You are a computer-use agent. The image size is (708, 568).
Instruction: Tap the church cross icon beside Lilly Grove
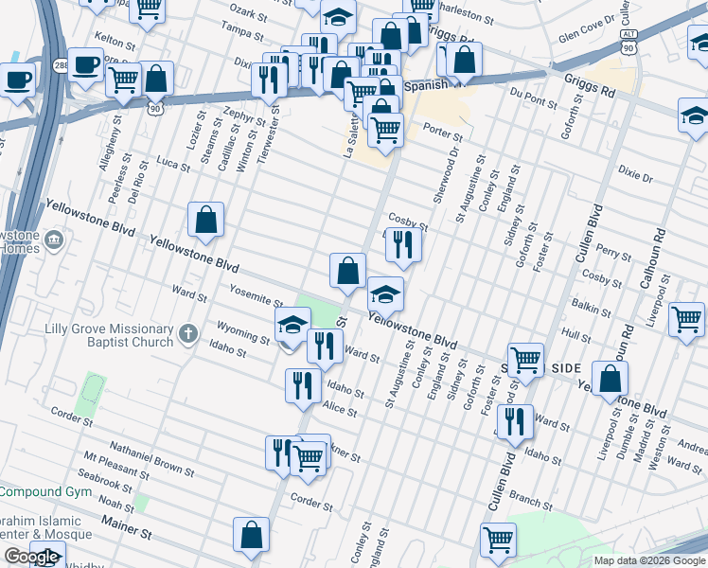(188, 333)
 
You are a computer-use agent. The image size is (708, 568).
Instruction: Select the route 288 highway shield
(61, 64)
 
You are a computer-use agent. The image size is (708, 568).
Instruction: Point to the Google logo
(31, 557)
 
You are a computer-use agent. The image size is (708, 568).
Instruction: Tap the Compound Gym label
(44, 491)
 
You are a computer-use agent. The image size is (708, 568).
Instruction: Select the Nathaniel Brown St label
(151, 457)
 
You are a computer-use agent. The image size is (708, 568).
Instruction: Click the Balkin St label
(592, 306)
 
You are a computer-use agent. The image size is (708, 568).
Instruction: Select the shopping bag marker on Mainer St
(252, 535)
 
